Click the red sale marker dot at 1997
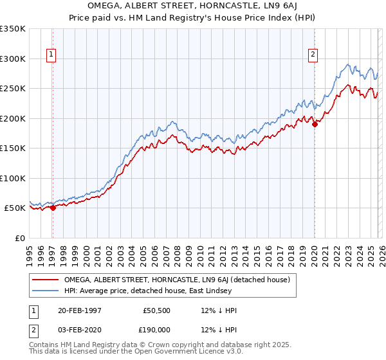coord(53,208)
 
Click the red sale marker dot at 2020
coord(315,124)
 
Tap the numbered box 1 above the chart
coord(51,55)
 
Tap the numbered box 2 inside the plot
coord(313,55)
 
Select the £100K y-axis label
coord(13,178)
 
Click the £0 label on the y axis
coord(19,238)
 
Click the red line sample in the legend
coord(45,280)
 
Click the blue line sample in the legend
coord(45,291)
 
